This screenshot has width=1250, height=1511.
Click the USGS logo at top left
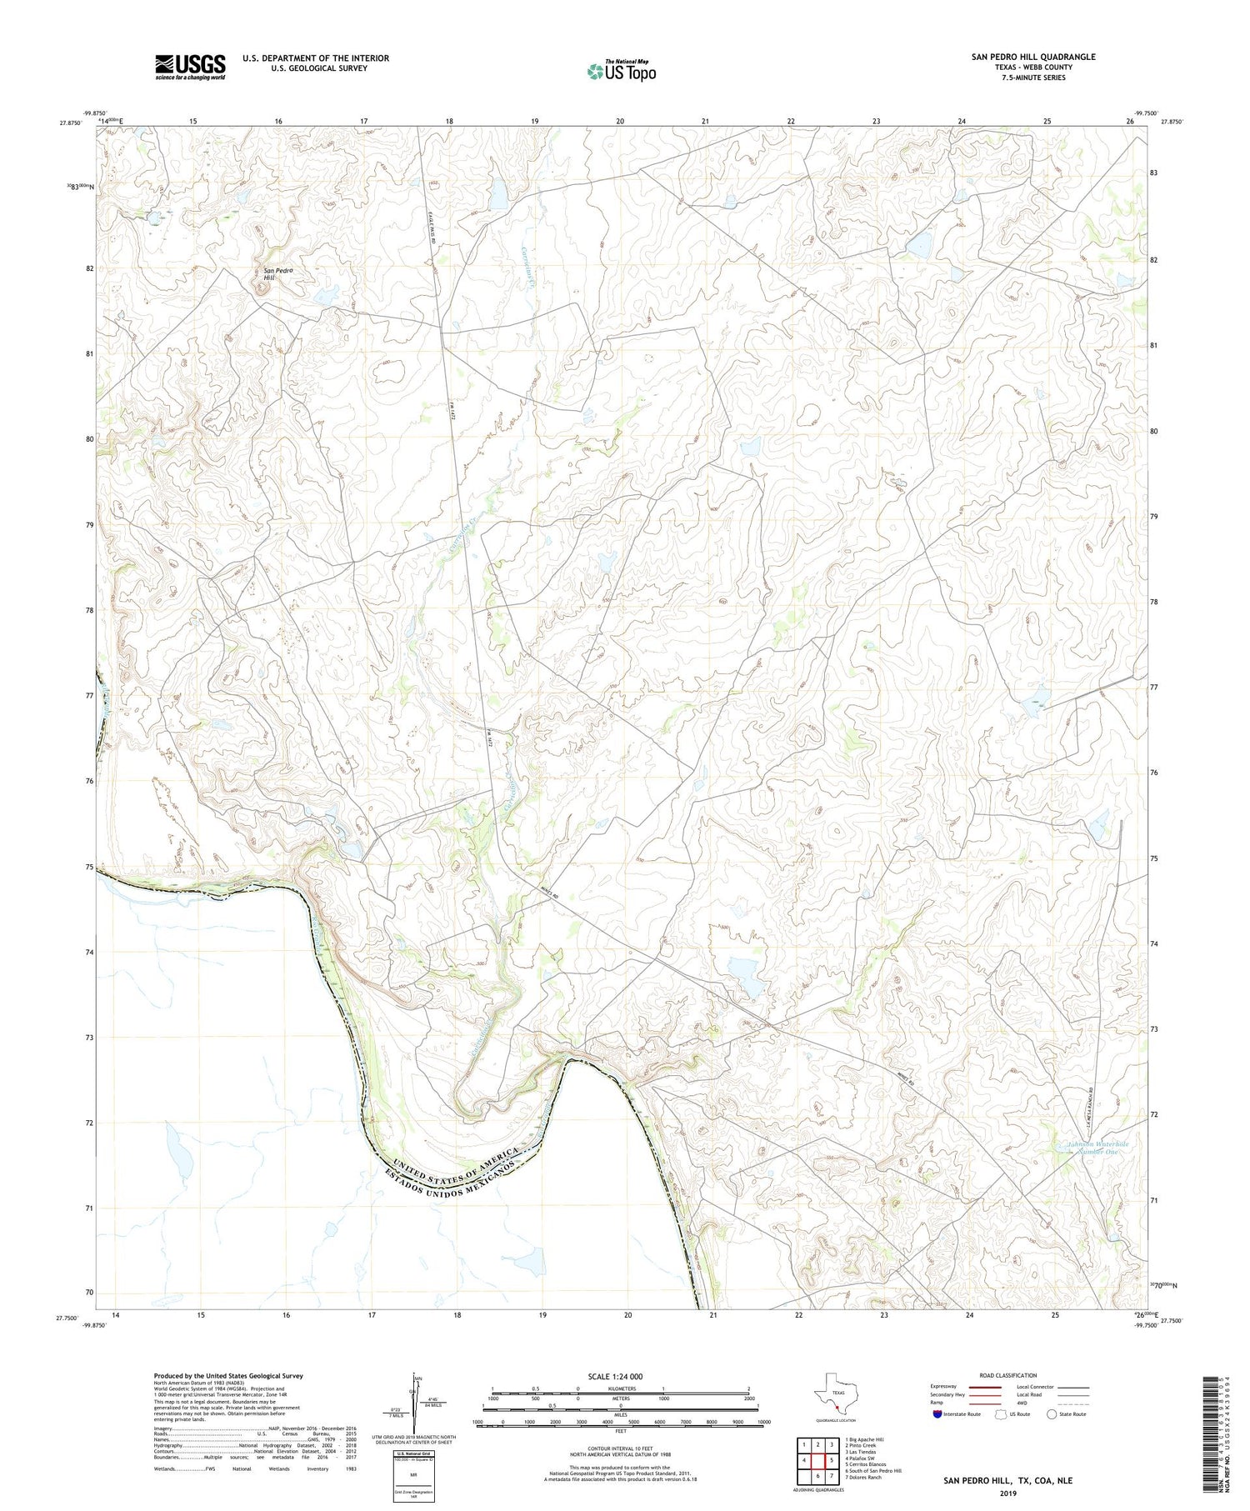coord(190,67)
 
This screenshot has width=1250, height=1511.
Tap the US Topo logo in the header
coord(620,71)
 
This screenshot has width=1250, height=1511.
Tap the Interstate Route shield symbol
coord(938,1414)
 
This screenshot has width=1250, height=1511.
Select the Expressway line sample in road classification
coord(978,1387)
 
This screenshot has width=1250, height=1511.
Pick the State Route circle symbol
coord(1052,1414)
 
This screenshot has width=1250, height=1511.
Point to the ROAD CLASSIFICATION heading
coord(1007,1375)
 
